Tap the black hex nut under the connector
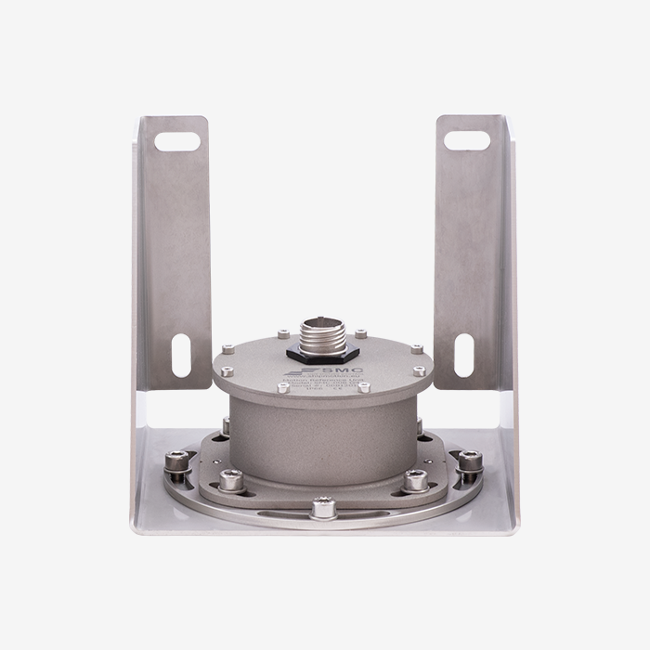click(320, 351)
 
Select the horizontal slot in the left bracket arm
click(177, 142)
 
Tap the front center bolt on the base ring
click(323, 507)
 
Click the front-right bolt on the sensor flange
click(415, 480)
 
